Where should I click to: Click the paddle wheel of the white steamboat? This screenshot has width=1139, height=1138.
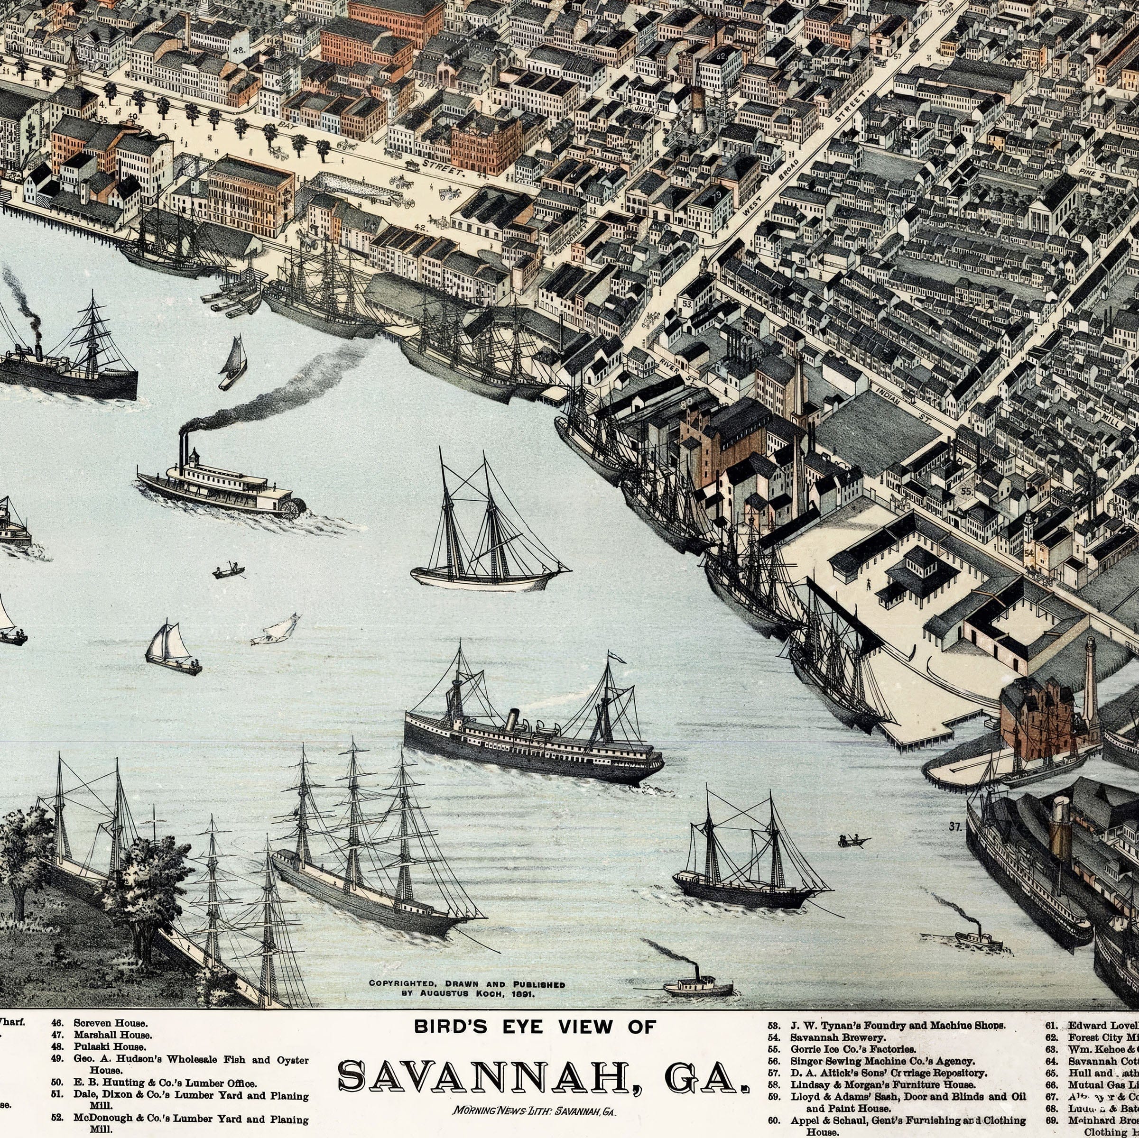click(x=292, y=507)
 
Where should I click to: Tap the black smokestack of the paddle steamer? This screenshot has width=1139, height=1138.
click(x=183, y=451)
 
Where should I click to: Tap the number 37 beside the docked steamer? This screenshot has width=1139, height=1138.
click(x=955, y=826)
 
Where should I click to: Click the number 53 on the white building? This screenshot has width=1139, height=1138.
click(x=687, y=303)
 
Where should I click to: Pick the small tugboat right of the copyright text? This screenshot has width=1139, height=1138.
click(x=698, y=988)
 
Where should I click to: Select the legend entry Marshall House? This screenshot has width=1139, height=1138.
click(x=112, y=1034)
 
